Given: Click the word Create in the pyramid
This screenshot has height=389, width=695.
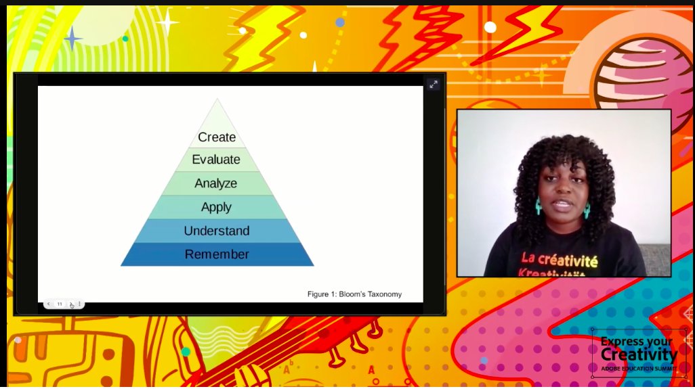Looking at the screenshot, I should [217, 137].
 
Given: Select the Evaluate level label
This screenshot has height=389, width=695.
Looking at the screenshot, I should [216, 160].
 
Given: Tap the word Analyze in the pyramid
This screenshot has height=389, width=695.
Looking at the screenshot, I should [216, 183].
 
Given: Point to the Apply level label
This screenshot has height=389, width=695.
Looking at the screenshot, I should [216, 207].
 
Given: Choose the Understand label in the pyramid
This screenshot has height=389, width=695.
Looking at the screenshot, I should [217, 231].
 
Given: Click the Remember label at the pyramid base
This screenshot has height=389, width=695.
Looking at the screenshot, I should [217, 254].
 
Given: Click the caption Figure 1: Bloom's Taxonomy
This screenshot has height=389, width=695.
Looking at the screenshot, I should [354, 294].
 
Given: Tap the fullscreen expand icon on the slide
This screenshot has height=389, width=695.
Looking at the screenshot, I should [433, 84].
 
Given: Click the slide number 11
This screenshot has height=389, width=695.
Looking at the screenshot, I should [60, 304].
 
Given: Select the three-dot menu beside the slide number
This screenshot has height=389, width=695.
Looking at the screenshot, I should [79, 304].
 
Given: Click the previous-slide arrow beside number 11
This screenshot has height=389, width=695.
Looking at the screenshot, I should [49, 304].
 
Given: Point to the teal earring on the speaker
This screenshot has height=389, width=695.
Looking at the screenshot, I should [539, 206].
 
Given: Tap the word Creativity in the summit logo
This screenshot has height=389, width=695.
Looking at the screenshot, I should [639, 354].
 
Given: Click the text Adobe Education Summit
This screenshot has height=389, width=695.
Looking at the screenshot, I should [639, 369].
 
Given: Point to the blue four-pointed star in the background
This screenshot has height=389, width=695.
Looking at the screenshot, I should [72, 38].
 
